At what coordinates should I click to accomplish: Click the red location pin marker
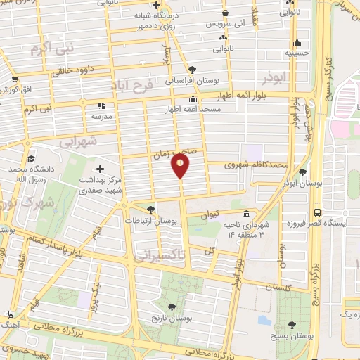pyautogui.click(x=180, y=167)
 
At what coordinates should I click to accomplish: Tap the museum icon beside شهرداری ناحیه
pyautogui.click(x=246, y=214)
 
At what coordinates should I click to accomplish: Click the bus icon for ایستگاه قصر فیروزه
pyautogui.click(x=318, y=212)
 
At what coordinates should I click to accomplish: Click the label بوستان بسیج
pyautogui.click(x=292, y=335)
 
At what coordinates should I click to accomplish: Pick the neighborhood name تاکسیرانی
pyautogui.click(x=161, y=258)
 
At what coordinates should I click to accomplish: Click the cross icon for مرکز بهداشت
pyautogui.click(x=99, y=169)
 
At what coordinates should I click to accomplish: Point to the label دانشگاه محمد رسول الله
pyautogui.click(x=31, y=174)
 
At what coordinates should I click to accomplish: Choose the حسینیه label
pyautogui.click(x=298, y=52)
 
